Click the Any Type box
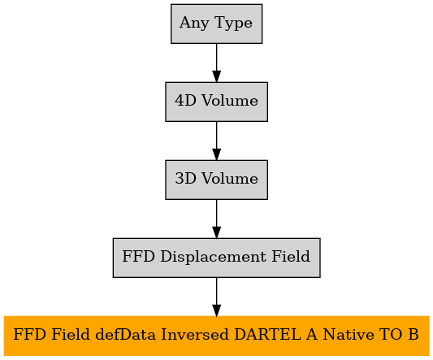216,24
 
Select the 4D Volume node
216,102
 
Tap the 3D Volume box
216,180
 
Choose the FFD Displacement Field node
216,258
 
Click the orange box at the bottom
216,336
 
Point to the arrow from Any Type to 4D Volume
216,63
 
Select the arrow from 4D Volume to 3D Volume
216,141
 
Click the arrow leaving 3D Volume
216,219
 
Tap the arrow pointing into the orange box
216,297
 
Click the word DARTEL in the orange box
267,335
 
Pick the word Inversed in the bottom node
195,335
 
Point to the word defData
125,335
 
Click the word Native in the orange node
349,335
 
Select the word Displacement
213,257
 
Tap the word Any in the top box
194,24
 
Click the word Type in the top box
233,24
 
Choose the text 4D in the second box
185,101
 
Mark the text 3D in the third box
185,179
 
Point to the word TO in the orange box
392,335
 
